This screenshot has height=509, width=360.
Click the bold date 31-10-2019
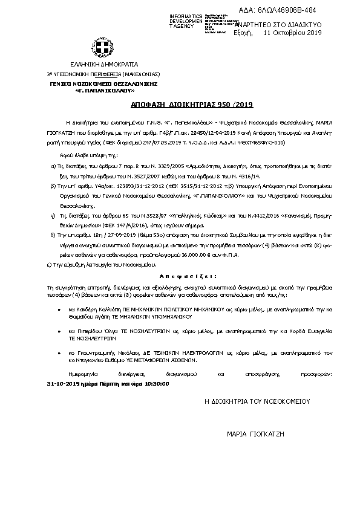point(63,383)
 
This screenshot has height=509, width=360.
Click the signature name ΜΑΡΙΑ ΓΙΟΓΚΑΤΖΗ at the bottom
point(255,434)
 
